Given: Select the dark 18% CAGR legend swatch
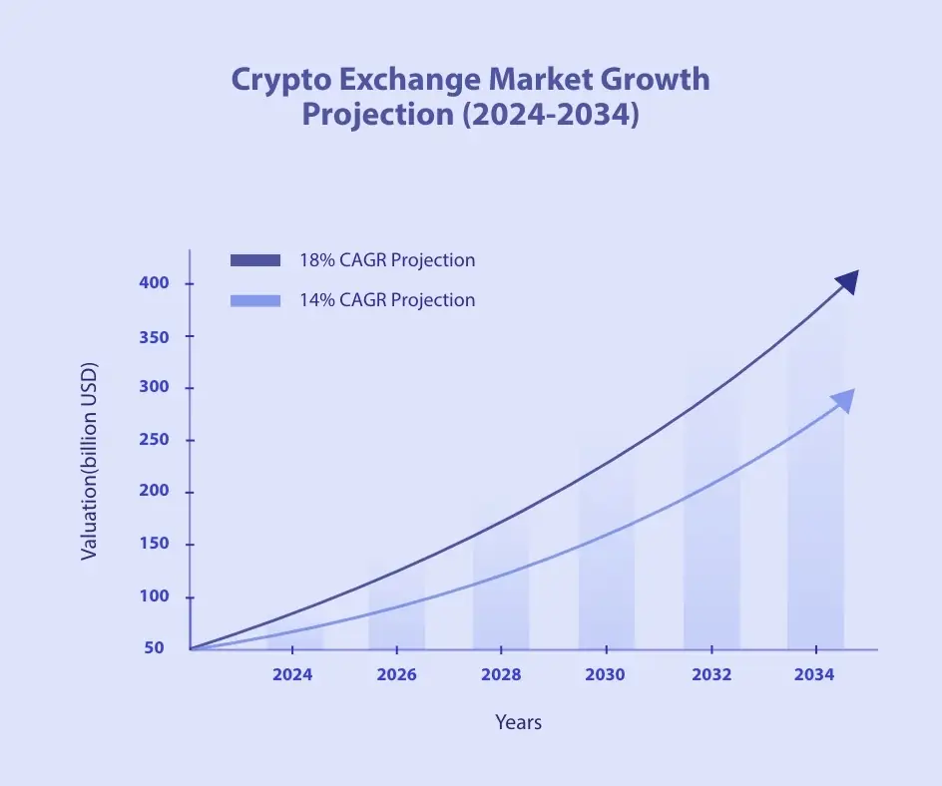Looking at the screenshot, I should pyautogui.click(x=255, y=260).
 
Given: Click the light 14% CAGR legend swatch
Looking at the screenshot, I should pyautogui.click(x=255, y=300).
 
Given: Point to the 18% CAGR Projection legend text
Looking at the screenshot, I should pyautogui.click(x=387, y=260).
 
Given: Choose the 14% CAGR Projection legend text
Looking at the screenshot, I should pyautogui.click(x=387, y=300).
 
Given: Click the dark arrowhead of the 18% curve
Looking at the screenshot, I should pyautogui.click(x=846, y=282).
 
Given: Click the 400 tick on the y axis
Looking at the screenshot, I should pyautogui.click(x=154, y=283).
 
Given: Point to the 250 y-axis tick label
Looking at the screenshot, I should pyautogui.click(x=154, y=440).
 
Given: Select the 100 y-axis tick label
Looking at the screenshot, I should pyautogui.click(x=154, y=596).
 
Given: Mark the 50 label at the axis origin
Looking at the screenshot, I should pyautogui.click(x=154, y=648).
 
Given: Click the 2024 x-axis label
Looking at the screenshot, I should pyautogui.click(x=292, y=674).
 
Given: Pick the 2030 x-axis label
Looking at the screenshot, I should pyautogui.click(x=605, y=674).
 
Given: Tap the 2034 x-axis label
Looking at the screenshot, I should pyautogui.click(x=814, y=674).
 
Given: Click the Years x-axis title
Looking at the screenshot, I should pyautogui.click(x=518, y=722).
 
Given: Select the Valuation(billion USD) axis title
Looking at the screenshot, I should pyautogui.click(x=90, y=460).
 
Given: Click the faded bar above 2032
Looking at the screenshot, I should pyautogui.click(x=711, y=519).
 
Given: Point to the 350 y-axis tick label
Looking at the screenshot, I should pyautogui.click(x=154, y=336).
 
